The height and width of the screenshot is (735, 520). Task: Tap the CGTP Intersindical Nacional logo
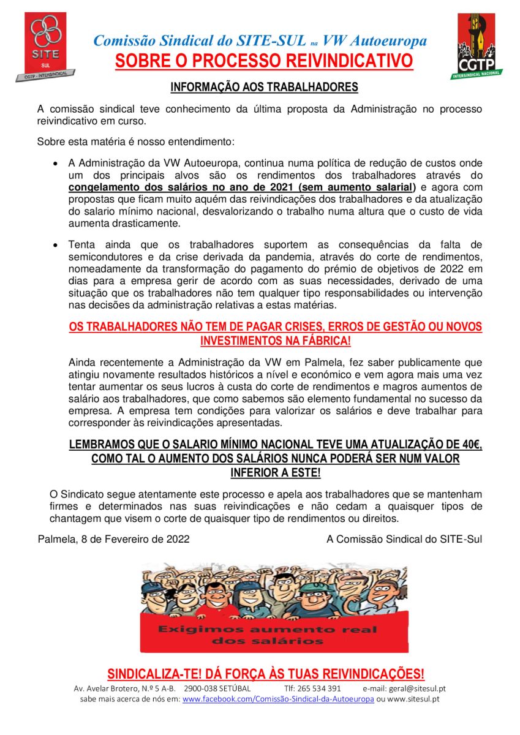pos(480,47)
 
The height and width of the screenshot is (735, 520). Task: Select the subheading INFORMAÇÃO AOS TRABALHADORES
pos(264,88)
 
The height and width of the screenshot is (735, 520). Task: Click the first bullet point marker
pos(56,165)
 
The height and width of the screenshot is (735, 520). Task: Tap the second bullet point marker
pos(56,244)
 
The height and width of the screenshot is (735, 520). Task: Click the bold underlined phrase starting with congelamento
pos(242,187)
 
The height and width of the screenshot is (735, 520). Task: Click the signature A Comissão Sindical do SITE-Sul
pos(404,540)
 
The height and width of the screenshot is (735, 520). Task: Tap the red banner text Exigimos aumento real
pos(267,629)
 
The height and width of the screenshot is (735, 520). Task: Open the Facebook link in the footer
pos(278,699)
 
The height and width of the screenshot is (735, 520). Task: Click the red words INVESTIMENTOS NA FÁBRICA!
pos(276,340)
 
